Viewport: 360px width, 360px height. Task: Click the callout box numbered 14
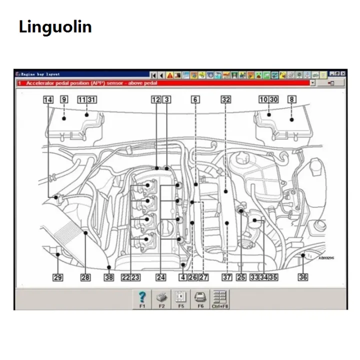[x=48, y=99]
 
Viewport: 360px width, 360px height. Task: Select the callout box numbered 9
[x=64, y=99]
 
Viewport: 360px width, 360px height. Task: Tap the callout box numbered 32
[x=226, y=99]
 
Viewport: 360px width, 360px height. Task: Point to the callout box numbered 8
[x=291, y=99]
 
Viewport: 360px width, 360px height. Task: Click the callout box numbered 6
[x=195, y=99]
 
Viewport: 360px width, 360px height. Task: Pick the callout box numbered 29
[x=58, y=277]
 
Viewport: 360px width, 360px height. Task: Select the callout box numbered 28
[x=85, y=277]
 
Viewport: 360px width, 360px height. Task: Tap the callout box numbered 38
[x=109, y=277]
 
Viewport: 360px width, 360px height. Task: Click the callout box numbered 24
[x=160, y=277]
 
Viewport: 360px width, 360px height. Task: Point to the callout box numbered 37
[x=226, y=277]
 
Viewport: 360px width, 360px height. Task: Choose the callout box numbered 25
[x=241, y=277]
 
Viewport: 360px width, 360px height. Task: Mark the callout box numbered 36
[x=303, y=277]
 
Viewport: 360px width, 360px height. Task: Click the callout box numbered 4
[x=183, y=277]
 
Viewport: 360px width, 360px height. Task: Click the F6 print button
[x=200, y=299]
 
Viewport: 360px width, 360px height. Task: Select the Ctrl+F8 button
[x=219, y=299]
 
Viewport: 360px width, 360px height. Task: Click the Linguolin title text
[x=55, y=26]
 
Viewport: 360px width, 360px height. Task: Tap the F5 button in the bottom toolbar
[x=180, y=299]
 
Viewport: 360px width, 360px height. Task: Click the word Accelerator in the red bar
[x=42, y=83]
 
